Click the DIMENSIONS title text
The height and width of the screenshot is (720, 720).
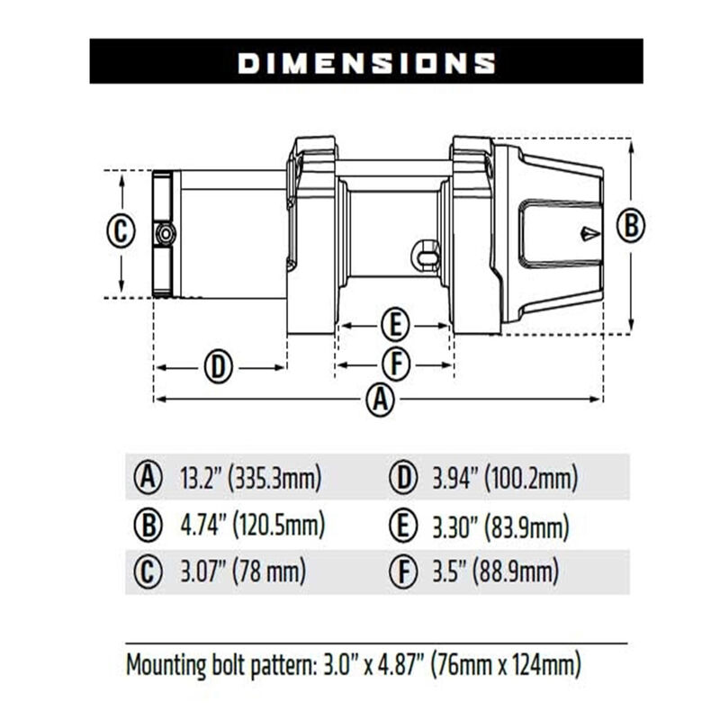365,62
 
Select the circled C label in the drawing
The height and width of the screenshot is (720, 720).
121,231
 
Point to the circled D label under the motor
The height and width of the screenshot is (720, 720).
218,367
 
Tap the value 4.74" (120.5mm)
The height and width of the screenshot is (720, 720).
252,524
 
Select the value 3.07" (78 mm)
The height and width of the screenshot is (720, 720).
242,571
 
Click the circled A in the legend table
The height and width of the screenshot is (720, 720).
147,477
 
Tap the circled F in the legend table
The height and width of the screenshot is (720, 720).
401,571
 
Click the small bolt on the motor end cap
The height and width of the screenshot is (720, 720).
166,234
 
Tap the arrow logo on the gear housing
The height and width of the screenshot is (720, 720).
588,234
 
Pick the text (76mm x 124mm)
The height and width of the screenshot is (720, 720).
505,667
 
